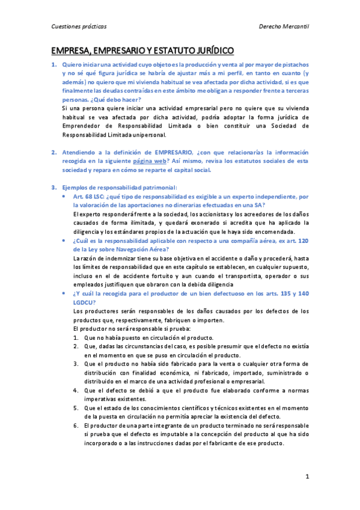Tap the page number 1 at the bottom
tap(307, 477)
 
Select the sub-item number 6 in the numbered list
tap(76, 425)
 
